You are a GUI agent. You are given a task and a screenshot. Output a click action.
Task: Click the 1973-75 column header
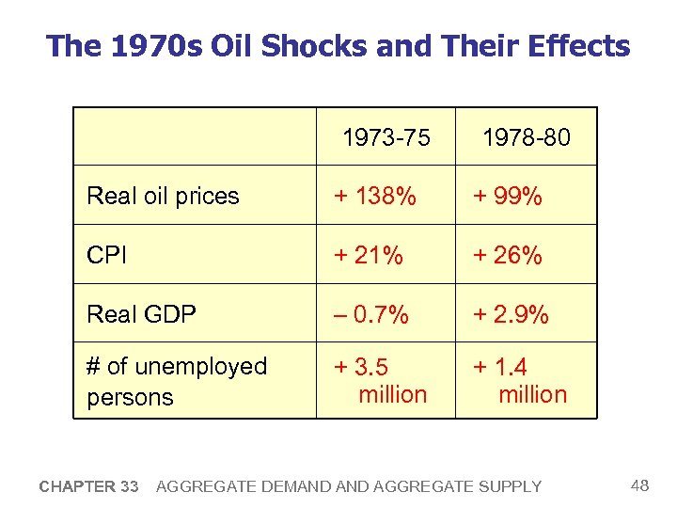(386, 138)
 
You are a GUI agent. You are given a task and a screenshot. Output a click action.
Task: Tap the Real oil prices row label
(163, 196)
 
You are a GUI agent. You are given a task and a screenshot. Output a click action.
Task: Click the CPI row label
(106, 255)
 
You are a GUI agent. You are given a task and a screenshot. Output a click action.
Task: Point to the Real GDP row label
(141, 314)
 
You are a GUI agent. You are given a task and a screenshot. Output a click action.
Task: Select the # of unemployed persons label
(177, 381)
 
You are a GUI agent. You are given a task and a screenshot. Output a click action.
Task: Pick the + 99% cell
(507, 196)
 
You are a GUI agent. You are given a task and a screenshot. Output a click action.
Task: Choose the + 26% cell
(507, 255)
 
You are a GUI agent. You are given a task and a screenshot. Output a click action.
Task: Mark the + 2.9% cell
(511, 314)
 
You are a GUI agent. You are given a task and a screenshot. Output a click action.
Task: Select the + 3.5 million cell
(381, 380)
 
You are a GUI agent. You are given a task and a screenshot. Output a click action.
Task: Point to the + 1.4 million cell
(520, 380)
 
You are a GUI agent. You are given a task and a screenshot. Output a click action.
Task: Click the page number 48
(640, 485)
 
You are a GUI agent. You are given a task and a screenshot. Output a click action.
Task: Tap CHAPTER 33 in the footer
(88, 486)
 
